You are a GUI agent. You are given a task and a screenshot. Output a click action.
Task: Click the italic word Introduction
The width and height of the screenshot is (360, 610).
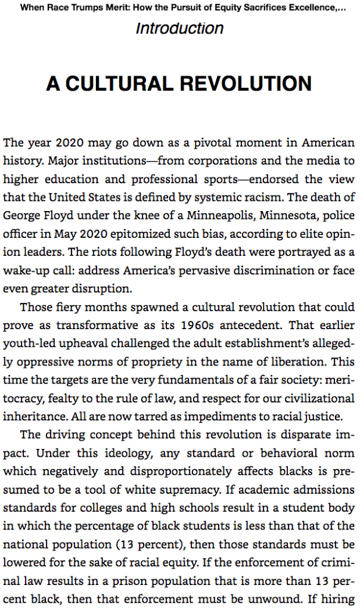pyautogui.click(x=179, y=28)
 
